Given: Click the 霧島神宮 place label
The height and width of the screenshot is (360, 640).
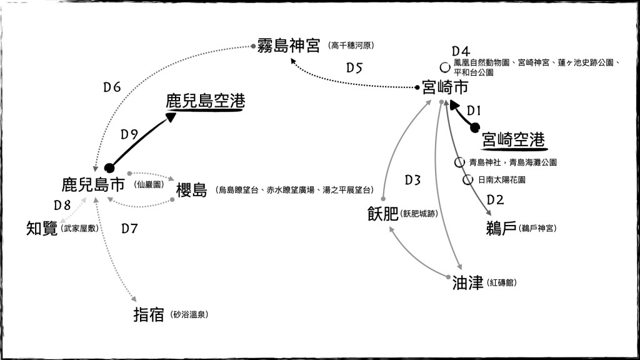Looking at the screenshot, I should [x=289, y=46].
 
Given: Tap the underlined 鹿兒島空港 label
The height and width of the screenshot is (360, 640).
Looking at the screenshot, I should [x=205, y=101].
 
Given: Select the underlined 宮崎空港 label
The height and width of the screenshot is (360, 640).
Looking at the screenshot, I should [x=514, y=140].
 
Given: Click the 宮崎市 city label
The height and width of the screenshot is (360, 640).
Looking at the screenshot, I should [x=445, y=87].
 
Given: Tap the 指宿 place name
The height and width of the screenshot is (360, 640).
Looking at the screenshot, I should [x=149, y=314].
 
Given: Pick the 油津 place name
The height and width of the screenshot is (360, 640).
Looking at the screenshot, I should [x=468, y=283].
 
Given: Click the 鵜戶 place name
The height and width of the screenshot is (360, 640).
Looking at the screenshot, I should [x=501, y=228].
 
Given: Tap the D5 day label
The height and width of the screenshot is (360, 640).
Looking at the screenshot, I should [x=354, y=68].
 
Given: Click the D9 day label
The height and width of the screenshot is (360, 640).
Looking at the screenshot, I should [x=129, y=134].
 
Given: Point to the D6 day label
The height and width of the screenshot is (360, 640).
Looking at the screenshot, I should [x=112, y=87].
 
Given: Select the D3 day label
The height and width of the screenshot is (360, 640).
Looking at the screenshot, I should [x=412, y=181].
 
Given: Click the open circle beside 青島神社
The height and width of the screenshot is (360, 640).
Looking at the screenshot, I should [x=459, y=162].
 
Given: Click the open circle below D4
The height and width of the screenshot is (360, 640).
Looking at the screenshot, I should [x=445, y=66].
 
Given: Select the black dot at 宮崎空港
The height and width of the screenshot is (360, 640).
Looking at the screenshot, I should [x=475, y=128].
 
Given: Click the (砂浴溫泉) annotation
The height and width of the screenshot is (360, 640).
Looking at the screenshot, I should [x=189, y=315].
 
